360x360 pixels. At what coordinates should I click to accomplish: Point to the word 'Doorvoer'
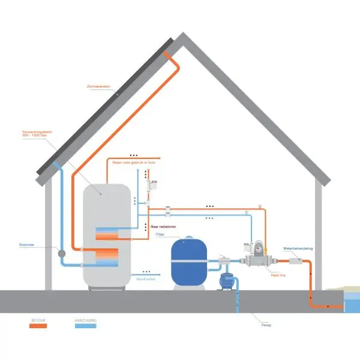[x=28, y=244]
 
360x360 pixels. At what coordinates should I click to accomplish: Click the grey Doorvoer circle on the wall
[x=61, y=254]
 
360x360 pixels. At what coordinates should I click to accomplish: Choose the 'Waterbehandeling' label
[x=298, y=248]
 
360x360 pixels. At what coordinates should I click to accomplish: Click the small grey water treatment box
[x=297, y=260]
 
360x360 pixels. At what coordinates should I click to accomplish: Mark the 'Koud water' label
[x=146, y=278]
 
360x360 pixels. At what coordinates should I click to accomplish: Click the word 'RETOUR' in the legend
[x=38, y=321]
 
